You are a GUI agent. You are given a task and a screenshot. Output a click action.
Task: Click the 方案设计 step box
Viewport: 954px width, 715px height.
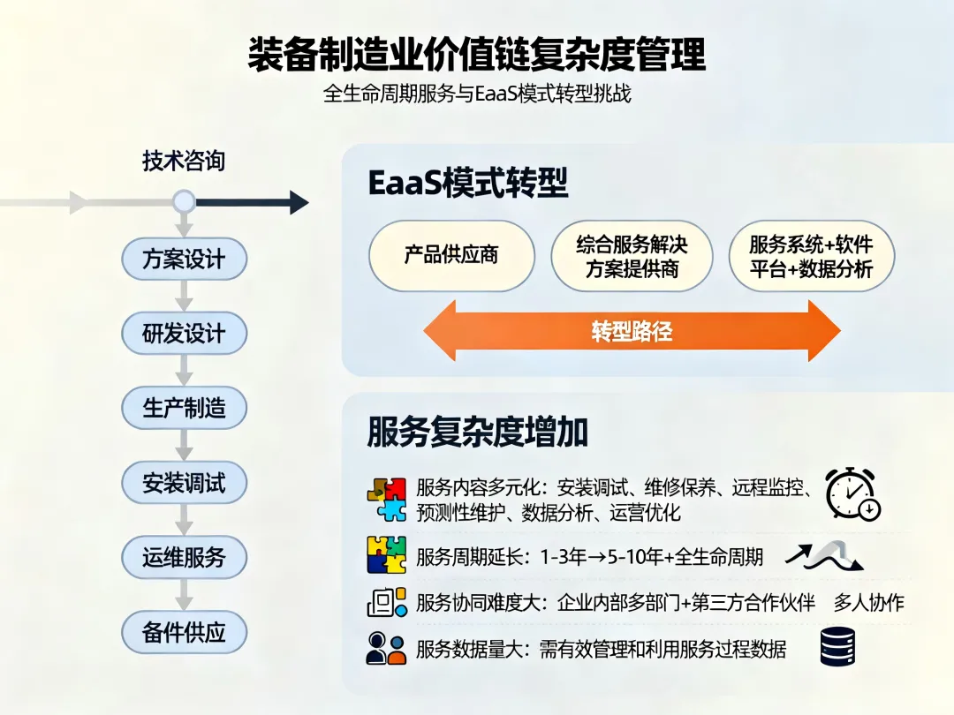click(x=184, y=260)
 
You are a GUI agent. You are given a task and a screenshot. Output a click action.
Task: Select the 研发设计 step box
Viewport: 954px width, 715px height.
click(x=184, y=334)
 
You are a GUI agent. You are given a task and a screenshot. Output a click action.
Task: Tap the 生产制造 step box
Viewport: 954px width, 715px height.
click(x=184, y=408)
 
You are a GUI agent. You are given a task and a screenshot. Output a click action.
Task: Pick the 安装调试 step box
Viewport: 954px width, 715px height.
click(x=184, y=483)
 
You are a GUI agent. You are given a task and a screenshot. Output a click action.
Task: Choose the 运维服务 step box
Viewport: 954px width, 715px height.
click(x=184, y=557)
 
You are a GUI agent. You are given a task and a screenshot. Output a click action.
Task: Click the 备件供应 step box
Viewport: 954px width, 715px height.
click(x=184, y=632)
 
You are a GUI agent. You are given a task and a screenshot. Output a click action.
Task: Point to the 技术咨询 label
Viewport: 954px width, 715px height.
click(x=184, y=161)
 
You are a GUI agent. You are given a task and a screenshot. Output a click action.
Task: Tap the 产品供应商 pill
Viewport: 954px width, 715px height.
click(x=451, y=255)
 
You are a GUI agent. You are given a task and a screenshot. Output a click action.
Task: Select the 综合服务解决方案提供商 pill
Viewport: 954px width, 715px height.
click(x=632, y=256)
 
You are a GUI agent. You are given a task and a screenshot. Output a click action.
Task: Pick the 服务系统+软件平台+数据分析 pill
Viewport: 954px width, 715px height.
click(x=811, y=256)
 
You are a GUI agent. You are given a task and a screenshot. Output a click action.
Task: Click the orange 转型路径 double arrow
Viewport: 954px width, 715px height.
click(x=632, y=331)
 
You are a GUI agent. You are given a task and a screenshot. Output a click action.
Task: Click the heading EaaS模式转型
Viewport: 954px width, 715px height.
click(x=467, y=184)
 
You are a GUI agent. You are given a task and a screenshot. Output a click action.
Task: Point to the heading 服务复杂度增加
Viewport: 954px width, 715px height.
click(x=477, y=433)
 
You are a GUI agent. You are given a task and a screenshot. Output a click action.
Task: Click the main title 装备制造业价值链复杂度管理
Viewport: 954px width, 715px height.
click(x=477, y=55)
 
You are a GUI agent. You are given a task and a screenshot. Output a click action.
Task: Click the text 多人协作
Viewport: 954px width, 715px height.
click(x=869, y=603)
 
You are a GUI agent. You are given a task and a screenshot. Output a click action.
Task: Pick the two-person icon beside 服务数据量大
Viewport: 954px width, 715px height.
click(x=386, y=649)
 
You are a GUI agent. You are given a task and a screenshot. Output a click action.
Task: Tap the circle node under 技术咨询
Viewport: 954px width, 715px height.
click(x=184, y=203)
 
